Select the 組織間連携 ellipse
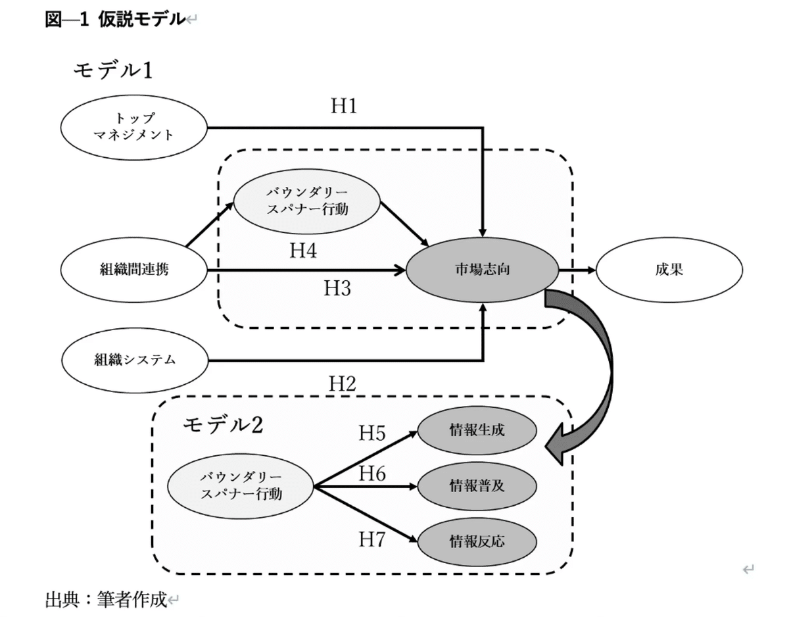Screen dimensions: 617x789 [133, 270]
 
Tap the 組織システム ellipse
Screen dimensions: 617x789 [133, 360]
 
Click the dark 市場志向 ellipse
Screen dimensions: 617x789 [482, 270]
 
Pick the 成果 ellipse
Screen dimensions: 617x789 [669, 270]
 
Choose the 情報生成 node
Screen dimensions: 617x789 [478, 431]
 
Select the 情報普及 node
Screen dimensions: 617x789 [478, 486]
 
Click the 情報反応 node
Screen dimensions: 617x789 [478, 541]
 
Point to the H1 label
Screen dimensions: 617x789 [343, 107]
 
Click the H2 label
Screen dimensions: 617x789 [342, 384]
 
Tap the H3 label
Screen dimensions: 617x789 [337, 288]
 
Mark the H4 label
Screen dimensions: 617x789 [303, 251]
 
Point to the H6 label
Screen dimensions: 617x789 [371, 474]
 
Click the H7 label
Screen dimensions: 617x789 [371, 539]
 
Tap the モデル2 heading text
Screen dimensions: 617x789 [223, 425]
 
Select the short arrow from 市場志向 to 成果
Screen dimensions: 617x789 [576, 270]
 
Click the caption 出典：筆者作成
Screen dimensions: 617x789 [106, 599]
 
